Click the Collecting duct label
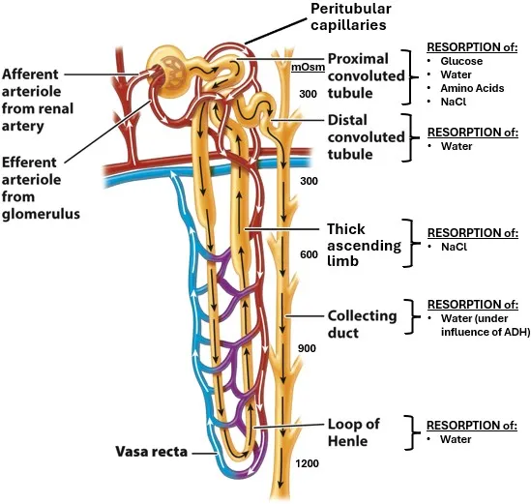(362, 323)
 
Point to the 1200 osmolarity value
(308, 465)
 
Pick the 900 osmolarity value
(308, 348)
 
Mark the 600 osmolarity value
(308, 254)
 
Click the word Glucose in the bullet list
(461, 61)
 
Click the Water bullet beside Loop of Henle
(456, 439)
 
